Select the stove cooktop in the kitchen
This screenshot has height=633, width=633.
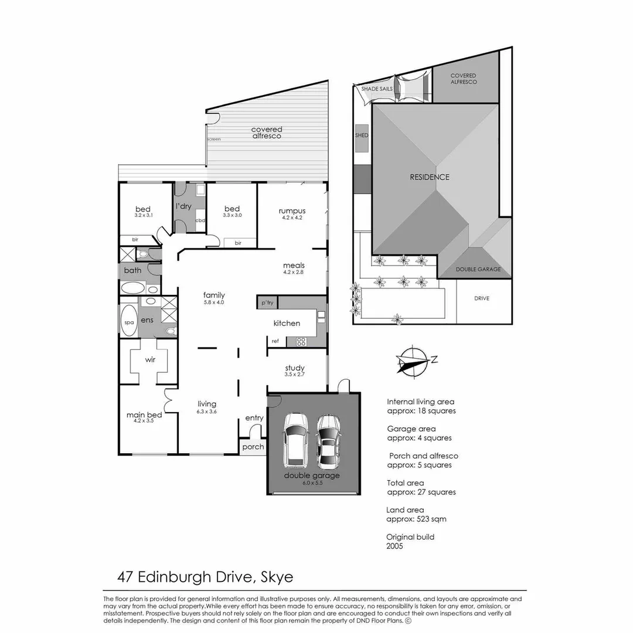click(301, 342)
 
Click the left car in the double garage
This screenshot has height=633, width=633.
click(296, 440)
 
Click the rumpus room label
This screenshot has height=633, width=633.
click(292, 211)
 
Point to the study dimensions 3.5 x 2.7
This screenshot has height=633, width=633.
click(294, 374)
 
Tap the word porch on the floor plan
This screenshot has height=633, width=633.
click(253, 447)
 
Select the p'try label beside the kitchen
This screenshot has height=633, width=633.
click(267, 302)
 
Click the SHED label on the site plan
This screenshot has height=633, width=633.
click(362, 135)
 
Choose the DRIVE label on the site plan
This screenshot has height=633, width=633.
click(482, 298)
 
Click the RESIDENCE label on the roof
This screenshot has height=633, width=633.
click(430, 177)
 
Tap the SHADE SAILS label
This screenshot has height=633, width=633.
click(377, 89)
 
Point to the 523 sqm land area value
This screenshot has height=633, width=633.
click(431, 519)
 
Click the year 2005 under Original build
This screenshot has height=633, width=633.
click(394, 546)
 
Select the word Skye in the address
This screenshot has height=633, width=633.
click(277, 577)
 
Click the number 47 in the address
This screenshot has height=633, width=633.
click(125, 577)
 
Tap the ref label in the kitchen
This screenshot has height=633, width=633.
click(275, 341)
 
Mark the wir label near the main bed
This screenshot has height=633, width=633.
click(150, 359)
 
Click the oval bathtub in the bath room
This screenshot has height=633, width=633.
click(133, 288)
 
